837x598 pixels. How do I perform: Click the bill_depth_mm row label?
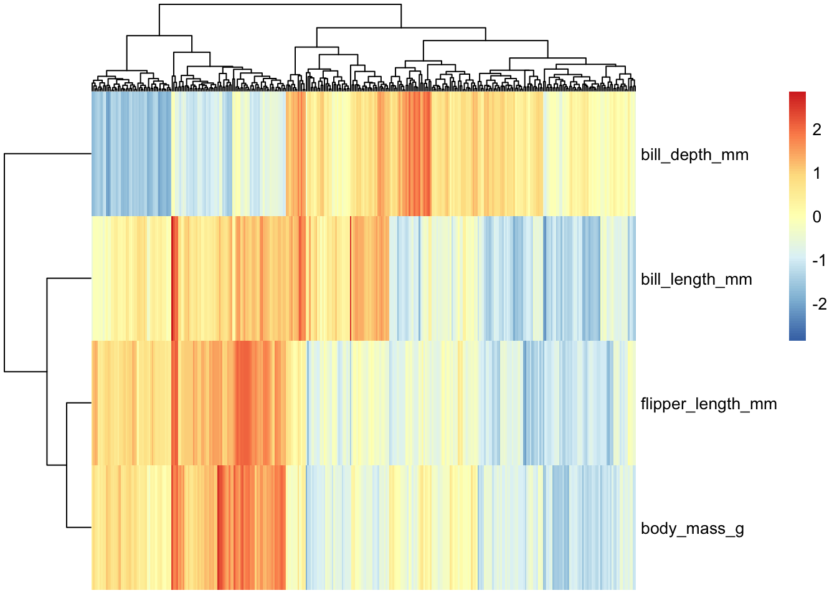694,154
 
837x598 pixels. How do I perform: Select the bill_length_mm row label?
696,279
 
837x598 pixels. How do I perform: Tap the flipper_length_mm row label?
709,404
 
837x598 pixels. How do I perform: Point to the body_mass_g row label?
693,528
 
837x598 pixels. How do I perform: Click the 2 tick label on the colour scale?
817,130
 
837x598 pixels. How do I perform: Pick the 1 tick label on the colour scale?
817,173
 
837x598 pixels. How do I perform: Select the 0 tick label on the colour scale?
817,217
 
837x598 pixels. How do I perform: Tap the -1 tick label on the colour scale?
819,260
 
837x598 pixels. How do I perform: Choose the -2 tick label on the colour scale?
819,304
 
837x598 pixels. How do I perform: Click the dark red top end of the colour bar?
797,93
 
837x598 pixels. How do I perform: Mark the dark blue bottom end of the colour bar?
797,338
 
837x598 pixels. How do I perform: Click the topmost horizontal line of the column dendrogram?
280,4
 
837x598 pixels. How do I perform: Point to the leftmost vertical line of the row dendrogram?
4,262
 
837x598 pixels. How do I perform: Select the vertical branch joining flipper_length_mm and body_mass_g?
67,465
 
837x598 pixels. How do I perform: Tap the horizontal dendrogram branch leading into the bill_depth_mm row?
48,154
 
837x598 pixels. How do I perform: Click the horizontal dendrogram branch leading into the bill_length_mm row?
69,278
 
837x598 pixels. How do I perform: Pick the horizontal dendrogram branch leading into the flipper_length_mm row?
79,403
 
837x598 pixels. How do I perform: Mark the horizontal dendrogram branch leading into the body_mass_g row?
79,528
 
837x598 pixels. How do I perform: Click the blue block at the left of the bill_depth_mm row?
131,154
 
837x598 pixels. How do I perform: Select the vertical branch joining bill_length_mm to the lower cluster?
47,371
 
